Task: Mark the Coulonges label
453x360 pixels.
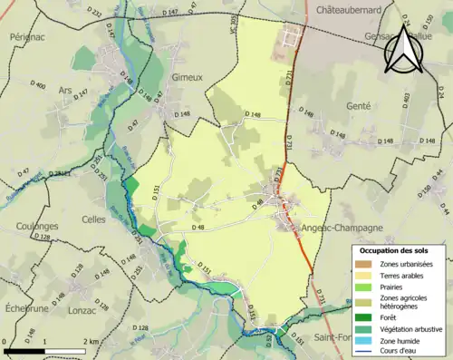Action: [x=37, y=226]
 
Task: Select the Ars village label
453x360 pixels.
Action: [x=63, y=89]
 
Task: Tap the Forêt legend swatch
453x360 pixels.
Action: [x=367, y=316]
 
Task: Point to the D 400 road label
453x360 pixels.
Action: [x=39, y=85]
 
